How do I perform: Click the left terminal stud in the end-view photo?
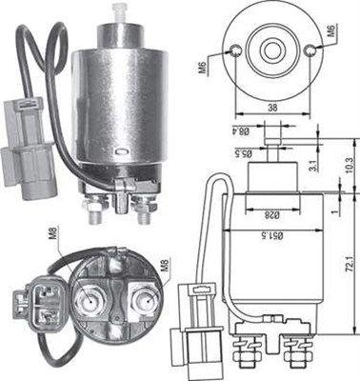pos(94,303)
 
